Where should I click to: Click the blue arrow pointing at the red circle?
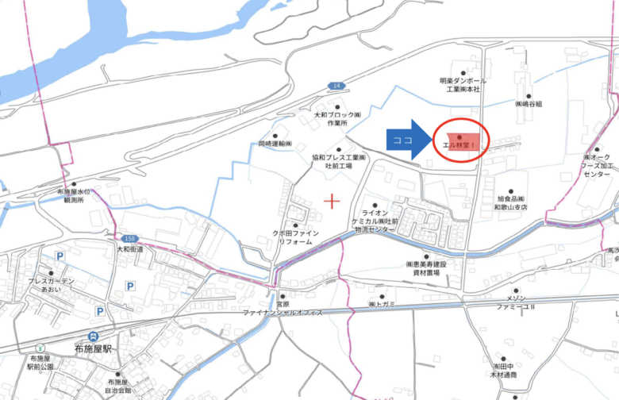409,139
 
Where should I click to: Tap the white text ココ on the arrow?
403,139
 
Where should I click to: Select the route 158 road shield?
129,238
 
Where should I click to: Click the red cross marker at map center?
332,201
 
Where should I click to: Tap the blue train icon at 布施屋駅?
94,337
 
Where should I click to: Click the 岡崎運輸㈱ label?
275,144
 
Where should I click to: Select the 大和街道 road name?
130,248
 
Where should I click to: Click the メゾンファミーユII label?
517,302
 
